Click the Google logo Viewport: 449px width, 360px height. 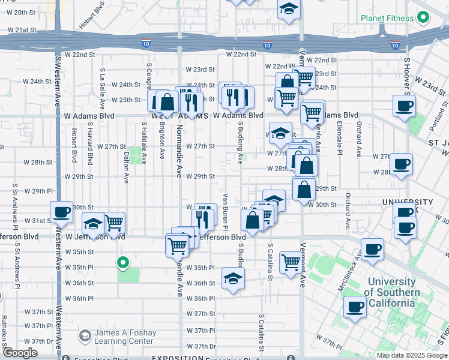(20, 353)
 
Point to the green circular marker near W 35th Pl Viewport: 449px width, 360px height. (124, 262)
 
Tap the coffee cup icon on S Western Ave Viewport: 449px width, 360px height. (61, 212)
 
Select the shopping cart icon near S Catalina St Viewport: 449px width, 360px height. (291, 261)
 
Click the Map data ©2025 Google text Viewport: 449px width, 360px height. (411, 355)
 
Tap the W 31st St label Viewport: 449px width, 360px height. (42, 221)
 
